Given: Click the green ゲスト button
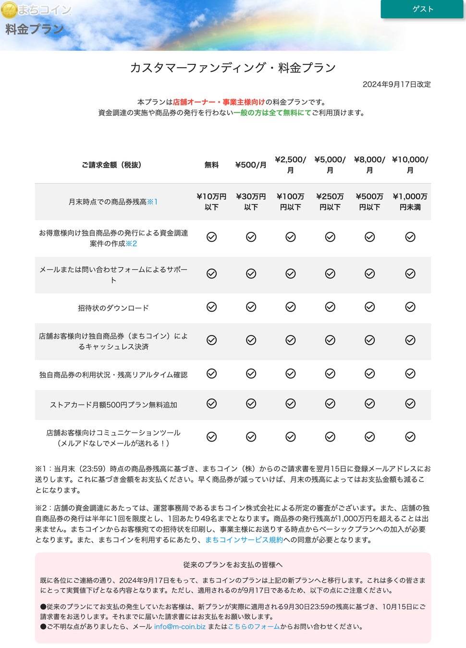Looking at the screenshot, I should [422, 9].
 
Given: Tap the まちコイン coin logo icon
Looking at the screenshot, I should [9, 10].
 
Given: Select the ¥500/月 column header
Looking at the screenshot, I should [251, 165].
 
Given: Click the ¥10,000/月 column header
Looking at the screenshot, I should [410, 165].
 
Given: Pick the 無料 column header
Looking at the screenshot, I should [211, 165].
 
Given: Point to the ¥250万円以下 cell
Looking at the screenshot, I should [330, 202].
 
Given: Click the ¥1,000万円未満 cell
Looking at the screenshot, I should [410, 202].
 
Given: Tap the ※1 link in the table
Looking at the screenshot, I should [152, 202].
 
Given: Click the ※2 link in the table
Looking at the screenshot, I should [131, 243].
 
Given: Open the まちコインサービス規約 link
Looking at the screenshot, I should [244, 540].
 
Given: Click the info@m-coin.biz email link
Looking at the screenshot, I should [180, 626].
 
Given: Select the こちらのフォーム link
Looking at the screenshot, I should [254, 626].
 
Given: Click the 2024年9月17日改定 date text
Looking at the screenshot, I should [396, 84].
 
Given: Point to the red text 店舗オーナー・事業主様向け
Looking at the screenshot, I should [219, 102].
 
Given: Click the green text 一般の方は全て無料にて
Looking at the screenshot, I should [272, 112].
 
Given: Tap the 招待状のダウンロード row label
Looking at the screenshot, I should [113, 308].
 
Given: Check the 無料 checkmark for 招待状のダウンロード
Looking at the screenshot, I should [211, 307].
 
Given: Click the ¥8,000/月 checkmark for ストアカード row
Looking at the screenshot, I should [369, 404].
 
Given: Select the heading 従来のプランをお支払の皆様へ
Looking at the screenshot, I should [233, 564].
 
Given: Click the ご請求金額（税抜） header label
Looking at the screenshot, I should [111, 165].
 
